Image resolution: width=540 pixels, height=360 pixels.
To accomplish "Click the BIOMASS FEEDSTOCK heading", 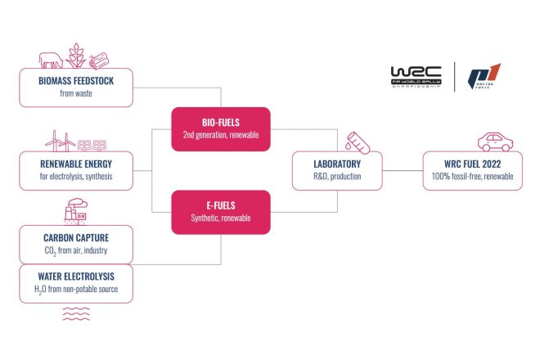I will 74,82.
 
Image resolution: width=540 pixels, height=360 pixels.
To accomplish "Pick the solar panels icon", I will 91,144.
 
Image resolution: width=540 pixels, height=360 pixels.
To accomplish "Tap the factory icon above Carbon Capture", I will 75,213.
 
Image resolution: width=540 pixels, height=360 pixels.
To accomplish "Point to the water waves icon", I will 75,313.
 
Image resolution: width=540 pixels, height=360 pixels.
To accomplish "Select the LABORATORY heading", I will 336,164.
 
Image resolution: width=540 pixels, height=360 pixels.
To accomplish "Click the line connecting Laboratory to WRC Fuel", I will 403,170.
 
